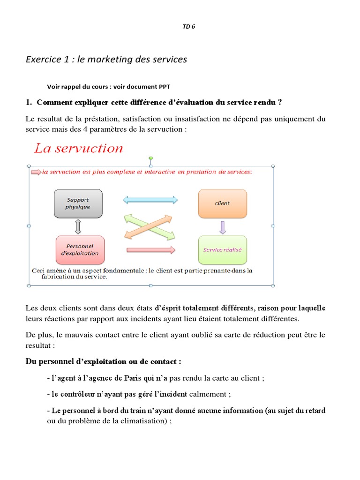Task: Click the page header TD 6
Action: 188,27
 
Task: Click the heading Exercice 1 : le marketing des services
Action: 106,59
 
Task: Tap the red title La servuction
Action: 78,149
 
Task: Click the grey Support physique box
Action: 78,203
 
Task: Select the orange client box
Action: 222,203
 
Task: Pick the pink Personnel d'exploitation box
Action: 80,249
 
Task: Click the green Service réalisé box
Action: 222,250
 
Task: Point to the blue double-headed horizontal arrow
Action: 150,200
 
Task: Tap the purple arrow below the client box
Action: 223,227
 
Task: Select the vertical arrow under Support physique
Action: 78,227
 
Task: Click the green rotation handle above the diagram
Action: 150,158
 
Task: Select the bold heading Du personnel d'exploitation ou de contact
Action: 103,361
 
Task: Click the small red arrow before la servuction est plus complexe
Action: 36,172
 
